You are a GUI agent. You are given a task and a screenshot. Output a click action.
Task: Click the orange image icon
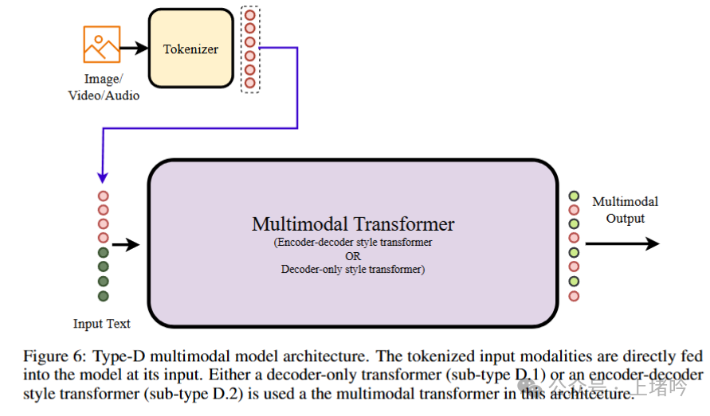pos(101,45)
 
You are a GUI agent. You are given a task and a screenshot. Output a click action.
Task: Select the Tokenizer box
pos(190,49)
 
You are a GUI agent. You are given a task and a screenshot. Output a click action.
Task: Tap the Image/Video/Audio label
pos(112,87)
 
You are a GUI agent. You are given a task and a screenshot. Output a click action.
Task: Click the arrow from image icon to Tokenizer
pos(134,48)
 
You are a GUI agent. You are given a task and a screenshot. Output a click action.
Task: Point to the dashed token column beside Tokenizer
pos(250,49)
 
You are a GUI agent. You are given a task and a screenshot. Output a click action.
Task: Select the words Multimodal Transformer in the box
pos(353,224)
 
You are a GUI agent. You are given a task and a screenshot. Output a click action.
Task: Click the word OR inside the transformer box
pos(353,256)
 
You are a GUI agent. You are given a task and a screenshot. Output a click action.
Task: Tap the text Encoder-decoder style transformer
pos(353,243)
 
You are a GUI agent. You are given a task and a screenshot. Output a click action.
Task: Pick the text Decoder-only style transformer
pos(353,270)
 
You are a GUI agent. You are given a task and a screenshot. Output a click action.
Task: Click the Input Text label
pos(102,324)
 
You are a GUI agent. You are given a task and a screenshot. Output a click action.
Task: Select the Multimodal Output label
pos(625,210)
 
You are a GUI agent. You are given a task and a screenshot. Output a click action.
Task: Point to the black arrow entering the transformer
pos(126,245)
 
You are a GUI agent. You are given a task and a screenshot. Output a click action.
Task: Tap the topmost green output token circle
pos(574,196)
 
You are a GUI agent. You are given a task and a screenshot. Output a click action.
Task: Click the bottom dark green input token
pos(103,296)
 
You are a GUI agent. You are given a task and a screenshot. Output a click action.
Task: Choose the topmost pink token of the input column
pos(103,196)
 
